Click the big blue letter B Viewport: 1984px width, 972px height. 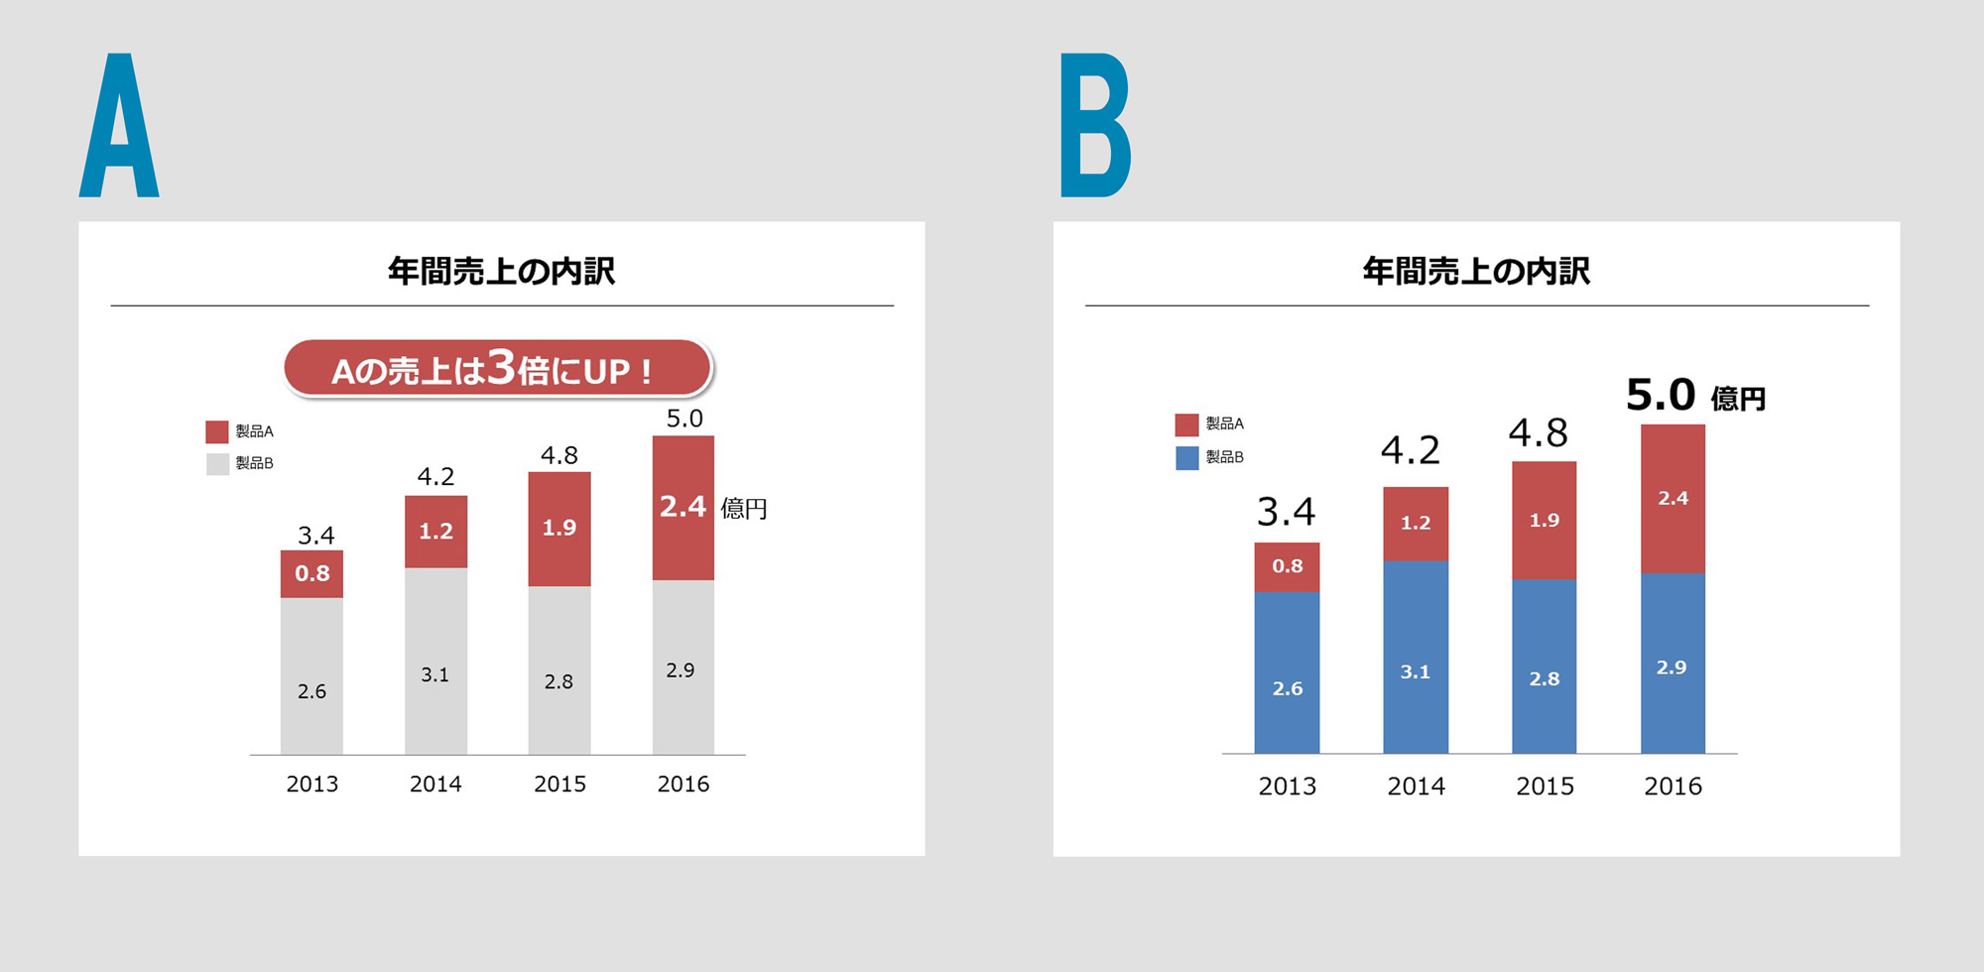(1094, 126)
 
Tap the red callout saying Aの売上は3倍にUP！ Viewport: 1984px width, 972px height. (497, 369)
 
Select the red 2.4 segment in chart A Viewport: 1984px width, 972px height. (682, 508)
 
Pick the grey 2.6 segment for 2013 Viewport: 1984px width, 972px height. (311, 676)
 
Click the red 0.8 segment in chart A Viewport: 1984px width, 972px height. (311, 573)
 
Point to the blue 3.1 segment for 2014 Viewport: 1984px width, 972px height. (1416, 657)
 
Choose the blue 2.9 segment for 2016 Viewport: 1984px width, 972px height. (1673, 663)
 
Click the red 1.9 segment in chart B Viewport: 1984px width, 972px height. (1544, 520)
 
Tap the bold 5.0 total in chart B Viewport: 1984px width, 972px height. (1661, 395)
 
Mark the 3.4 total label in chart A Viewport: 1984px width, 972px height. (315, 536)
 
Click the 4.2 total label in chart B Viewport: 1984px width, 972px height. (1410, 451)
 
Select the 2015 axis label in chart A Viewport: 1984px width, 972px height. (559, 785)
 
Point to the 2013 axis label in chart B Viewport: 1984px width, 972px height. (1287, 787)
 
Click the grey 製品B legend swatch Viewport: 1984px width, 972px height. (217, 463)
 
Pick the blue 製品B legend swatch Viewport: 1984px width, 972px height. (1186, 457)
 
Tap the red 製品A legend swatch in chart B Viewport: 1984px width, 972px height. (1186, 425)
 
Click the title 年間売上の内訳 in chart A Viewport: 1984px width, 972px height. (501, 271)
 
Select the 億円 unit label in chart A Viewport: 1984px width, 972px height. (743, 509)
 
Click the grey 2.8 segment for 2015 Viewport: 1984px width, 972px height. (559, 670)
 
